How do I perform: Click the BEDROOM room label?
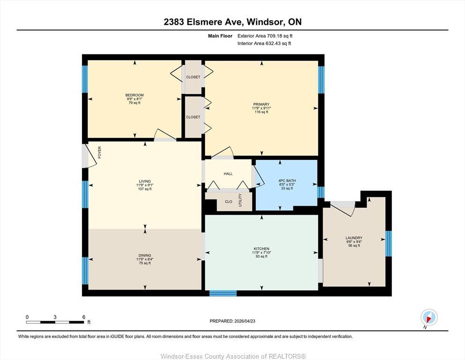(134, 95)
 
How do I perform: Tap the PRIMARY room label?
(261, 105)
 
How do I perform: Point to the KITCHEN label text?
(261, 248)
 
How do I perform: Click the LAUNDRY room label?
(354, 238)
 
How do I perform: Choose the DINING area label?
(144, 255)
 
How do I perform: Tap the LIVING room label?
(144, 181)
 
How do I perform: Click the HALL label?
(228, 174)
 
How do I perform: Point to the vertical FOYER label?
(99, 152)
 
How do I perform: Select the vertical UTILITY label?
(241, 201)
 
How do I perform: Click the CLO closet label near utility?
(229, 202)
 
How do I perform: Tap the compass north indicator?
(429, 318)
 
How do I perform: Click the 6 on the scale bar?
(84, 317)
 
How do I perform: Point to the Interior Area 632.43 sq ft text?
(264, 44)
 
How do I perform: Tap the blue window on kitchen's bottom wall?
(223, 293)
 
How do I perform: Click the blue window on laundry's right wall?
(388, 244)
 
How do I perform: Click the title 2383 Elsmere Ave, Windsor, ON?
(232, 22)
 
